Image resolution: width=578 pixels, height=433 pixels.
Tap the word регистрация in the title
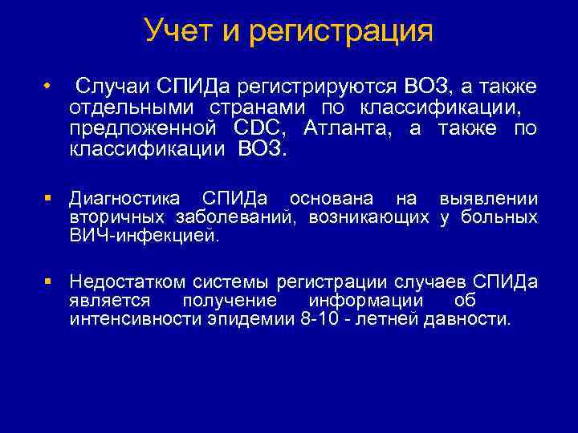[342, 33]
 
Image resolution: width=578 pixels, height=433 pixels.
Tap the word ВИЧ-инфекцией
[144, 237]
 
